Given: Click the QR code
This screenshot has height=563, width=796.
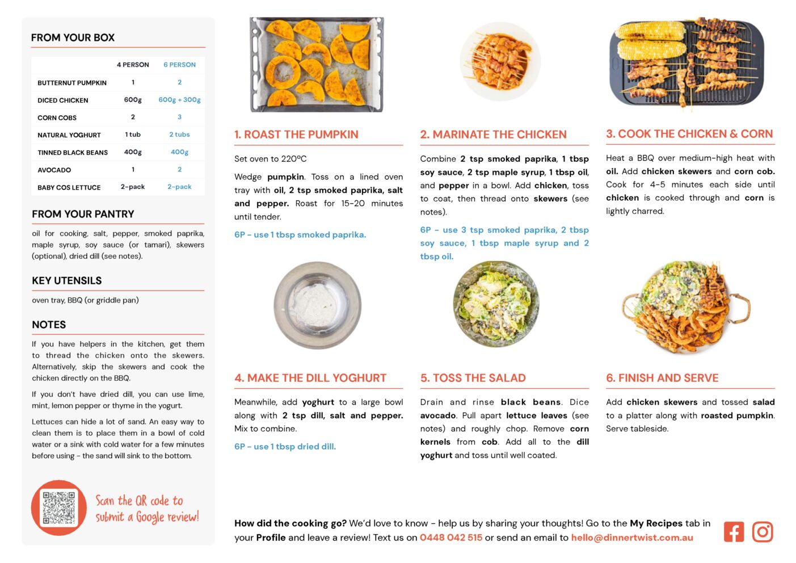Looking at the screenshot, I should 59,508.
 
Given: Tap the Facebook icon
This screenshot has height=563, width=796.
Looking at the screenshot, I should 734,532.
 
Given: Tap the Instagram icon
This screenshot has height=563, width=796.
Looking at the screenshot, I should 763,532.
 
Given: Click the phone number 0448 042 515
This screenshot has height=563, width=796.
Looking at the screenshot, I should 450,537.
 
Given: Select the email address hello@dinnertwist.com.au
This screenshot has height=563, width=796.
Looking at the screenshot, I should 631,537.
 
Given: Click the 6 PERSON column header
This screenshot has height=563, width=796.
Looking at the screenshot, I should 179,65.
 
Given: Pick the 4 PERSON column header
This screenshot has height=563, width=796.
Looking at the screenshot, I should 133,65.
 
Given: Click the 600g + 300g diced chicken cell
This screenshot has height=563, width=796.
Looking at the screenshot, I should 179,100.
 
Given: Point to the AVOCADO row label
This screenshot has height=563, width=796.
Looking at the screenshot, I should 54,170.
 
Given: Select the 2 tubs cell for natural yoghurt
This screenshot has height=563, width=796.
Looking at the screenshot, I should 179,135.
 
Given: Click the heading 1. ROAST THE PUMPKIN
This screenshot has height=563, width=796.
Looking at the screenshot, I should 296,135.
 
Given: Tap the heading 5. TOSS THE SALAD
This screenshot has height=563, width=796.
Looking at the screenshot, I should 473,378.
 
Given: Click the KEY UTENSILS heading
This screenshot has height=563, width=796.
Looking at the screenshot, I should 67,280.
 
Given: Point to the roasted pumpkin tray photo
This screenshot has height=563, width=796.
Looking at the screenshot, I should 317,64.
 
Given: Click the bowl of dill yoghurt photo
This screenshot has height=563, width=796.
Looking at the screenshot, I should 318,305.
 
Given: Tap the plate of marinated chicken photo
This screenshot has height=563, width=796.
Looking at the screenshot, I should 500,61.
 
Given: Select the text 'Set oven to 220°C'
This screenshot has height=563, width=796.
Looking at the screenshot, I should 270,159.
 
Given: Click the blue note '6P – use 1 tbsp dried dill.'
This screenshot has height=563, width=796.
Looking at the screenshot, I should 285,447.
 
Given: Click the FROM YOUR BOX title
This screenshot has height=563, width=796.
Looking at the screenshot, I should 73,37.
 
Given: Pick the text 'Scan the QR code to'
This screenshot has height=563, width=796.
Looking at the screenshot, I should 139,501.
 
